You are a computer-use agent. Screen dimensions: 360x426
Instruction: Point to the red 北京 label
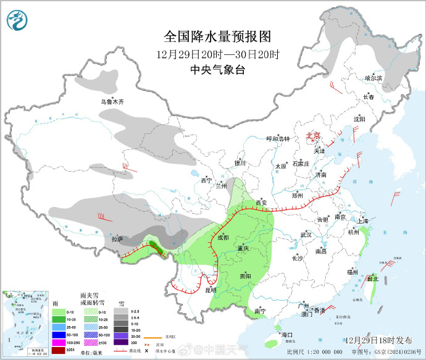click(314, 136)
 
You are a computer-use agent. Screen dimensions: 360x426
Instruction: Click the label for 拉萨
click(117, 238)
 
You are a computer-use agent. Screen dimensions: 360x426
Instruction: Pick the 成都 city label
click(222, 237)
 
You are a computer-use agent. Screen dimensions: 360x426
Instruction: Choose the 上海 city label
click(362, 221)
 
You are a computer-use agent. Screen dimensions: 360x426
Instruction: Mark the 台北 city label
click(372, 279)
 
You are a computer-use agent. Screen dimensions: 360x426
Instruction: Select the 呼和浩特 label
click(277, 139)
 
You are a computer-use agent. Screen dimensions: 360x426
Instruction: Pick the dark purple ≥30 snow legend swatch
click(120, 342)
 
